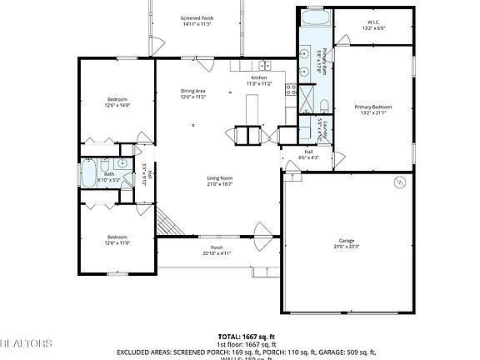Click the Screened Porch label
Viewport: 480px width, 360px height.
pyautogui.click(x=197, y=21)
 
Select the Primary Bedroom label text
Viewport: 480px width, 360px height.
pyautogui.click(x=372, y=110)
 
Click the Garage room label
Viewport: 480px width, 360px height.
pyautogui.click(x=346, y=243)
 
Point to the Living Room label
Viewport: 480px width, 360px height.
pyautogui.click(x=220, y=181)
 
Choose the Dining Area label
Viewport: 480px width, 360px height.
pyautogui.click(x=193, y=93)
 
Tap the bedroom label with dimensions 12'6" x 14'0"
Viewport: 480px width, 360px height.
pyautogui.click(x=117, y=102)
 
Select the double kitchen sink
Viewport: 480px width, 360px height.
pyautogui.click(x=263, y=65)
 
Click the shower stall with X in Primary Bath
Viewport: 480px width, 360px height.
pyautogui.click(x=322, y=105)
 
